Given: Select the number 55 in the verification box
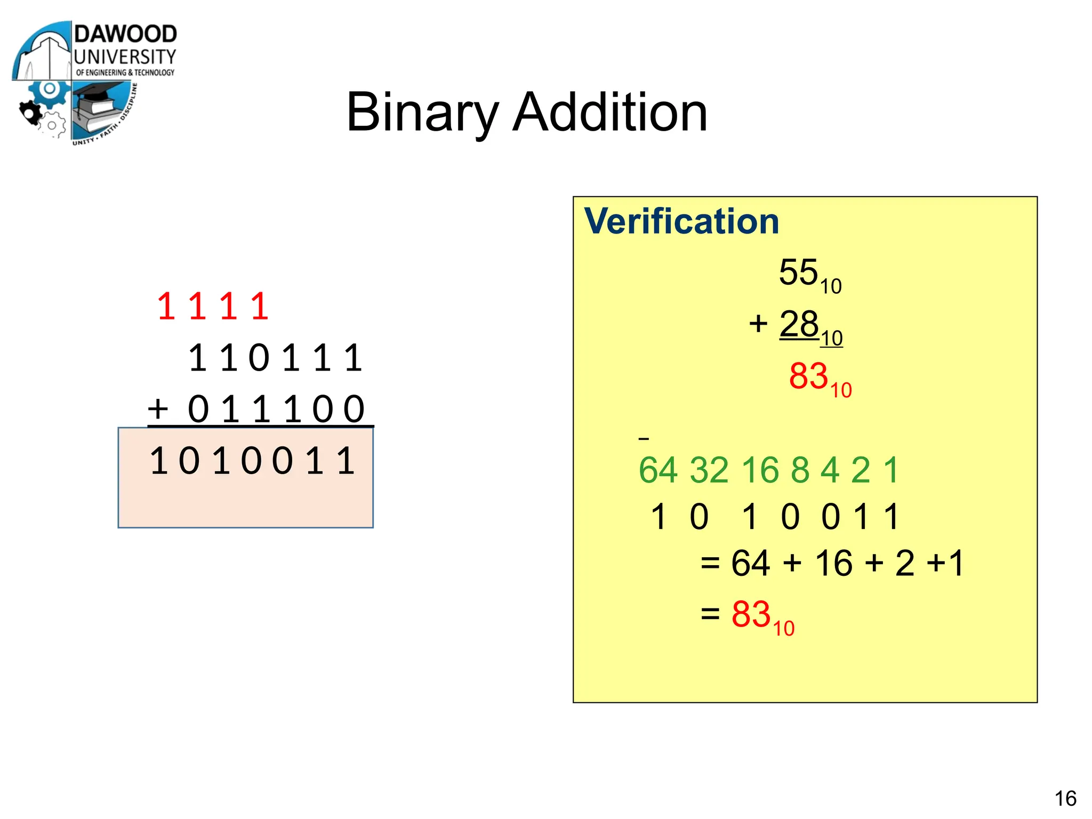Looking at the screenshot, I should point(798,272).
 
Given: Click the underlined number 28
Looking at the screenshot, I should point(799,324).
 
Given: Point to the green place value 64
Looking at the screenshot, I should point(658,470).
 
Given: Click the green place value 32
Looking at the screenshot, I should point(709,470).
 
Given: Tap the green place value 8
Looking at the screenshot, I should point(800,470).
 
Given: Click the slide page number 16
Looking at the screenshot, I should point(1065,798).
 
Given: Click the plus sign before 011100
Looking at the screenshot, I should point(158,409).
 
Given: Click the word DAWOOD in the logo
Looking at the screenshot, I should point(125,34).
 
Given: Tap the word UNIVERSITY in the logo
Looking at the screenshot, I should point(125,57).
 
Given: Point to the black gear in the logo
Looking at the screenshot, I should point(30,112).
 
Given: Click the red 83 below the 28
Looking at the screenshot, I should point(808,376).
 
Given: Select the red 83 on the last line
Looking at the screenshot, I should point(751,614).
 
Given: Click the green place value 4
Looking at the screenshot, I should point(830,470).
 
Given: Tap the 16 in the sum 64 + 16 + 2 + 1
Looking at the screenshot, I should point(833,563).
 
